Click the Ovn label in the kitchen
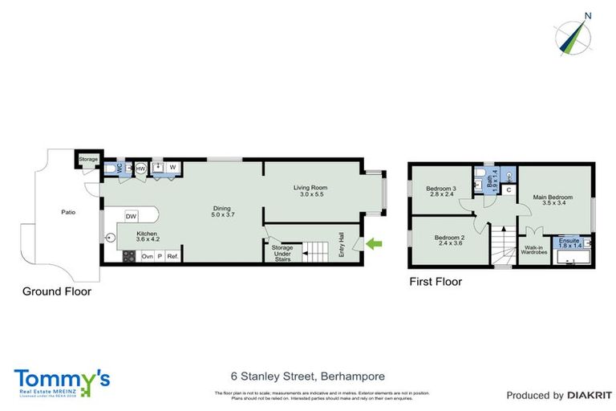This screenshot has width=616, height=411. pos(147,256)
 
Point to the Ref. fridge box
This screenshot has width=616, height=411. pos(172,256)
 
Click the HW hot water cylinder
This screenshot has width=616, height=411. pos(140,169)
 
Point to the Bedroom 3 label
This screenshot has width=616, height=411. pos(440,189)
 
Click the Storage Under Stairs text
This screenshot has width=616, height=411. pos(282,254)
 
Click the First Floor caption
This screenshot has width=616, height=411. pos(436,282)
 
